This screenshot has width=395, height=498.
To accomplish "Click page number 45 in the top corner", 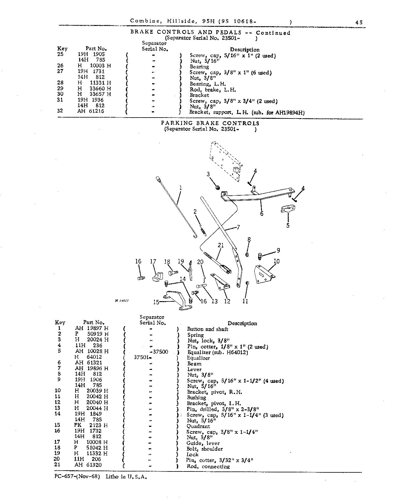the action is point(359,22).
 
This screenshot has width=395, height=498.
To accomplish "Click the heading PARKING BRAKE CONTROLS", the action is point(210,123).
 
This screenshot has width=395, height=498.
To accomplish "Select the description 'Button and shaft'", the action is point(207,329).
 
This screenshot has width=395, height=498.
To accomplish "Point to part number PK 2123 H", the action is point(92,425).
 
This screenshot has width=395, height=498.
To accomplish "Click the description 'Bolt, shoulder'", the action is point(204,449).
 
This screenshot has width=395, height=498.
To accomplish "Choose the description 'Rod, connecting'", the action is point(208,466).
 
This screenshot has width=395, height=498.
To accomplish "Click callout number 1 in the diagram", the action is point(180,188).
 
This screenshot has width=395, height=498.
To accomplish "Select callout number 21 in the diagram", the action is point(221,245).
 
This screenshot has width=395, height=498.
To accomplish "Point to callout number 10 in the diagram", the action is point(276,261).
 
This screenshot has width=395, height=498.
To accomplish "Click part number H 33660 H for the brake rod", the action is point(94,90).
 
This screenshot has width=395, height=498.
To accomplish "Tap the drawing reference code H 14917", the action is point(122,301).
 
